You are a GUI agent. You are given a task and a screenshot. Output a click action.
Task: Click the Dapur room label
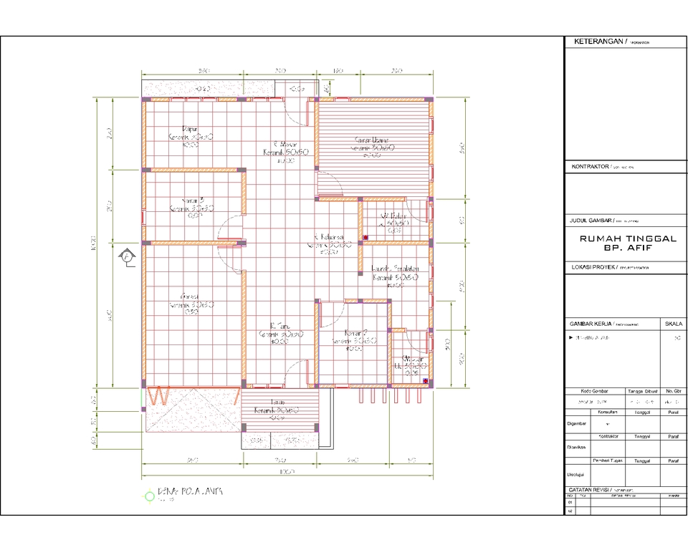tap(191, 129)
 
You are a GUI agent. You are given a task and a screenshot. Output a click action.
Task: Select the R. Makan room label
tap(285, 143)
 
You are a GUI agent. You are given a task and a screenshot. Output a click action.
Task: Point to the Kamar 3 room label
tap(192, 201)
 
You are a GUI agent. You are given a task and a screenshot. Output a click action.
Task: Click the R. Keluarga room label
tap(329, 237)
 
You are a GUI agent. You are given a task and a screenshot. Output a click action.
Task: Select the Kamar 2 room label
tap(355, 334)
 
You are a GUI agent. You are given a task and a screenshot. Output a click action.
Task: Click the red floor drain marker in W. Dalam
tap(365, 237)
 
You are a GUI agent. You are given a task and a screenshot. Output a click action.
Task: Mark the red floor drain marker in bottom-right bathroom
tap(425, 381)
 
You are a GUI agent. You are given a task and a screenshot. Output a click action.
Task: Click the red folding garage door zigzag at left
tap(160, 395)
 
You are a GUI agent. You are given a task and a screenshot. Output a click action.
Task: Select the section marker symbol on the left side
tap(127, 256)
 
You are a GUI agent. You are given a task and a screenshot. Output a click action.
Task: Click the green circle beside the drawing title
tap(149, 495)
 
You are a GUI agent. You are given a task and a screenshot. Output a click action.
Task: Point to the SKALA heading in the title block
tap(674, 323)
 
